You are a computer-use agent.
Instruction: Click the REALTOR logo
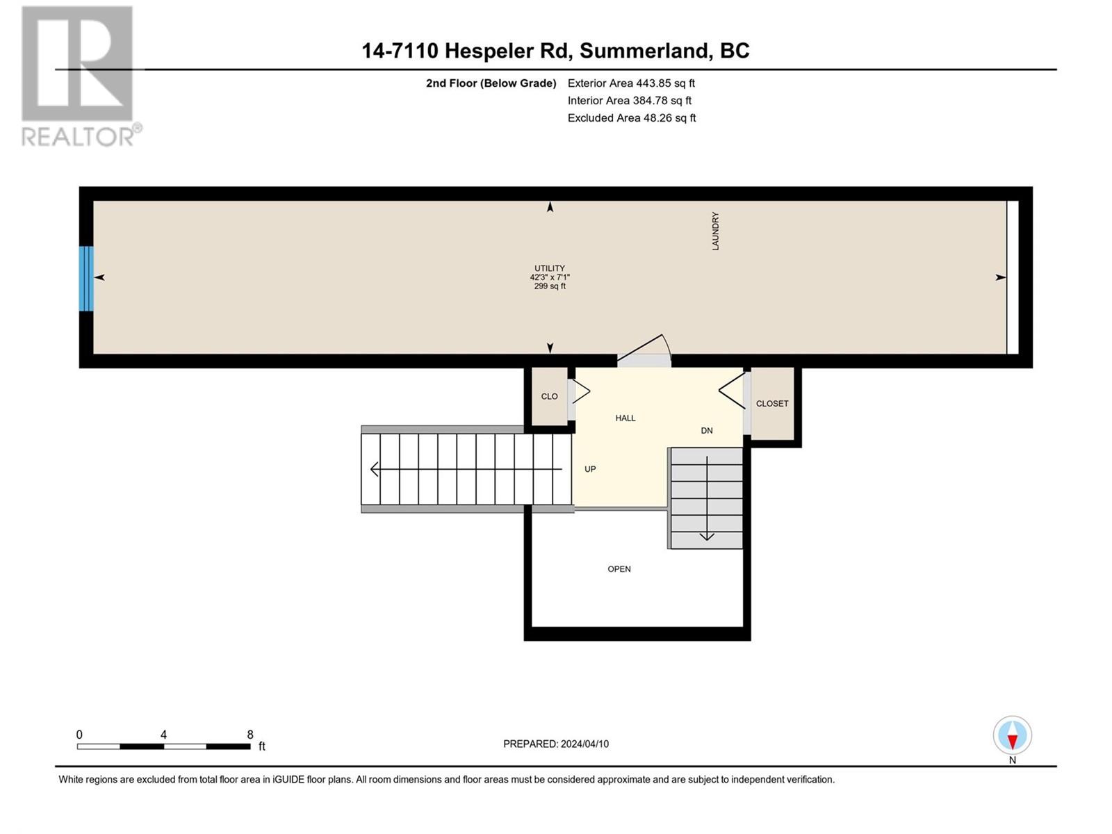(81, 76)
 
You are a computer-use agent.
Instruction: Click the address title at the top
(556, 51)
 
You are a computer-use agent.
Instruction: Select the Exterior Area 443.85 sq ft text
(631, 83)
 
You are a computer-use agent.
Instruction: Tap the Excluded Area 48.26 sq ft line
(632, 118)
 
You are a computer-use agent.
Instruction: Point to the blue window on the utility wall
(86, 279)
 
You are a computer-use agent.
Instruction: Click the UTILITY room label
(550, 268)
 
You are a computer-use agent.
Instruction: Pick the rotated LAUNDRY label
(715, 231)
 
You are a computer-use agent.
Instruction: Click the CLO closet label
(549, 396)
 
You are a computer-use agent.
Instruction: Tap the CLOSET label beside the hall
(772, 404)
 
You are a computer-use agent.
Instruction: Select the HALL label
(625, 418)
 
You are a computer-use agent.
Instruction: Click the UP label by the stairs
(590, 469)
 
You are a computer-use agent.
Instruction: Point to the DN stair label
(707, 430)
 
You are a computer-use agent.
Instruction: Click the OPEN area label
(619, 569)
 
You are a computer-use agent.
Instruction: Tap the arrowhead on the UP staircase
(374, 469)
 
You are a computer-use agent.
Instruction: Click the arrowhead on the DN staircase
(707, 537)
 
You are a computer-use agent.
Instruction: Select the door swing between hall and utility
(644, 350)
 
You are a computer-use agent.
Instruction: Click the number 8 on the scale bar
(250, 734)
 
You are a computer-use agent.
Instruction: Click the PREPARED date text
(556, 744)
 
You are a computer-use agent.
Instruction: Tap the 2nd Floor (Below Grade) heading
(491, 83)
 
